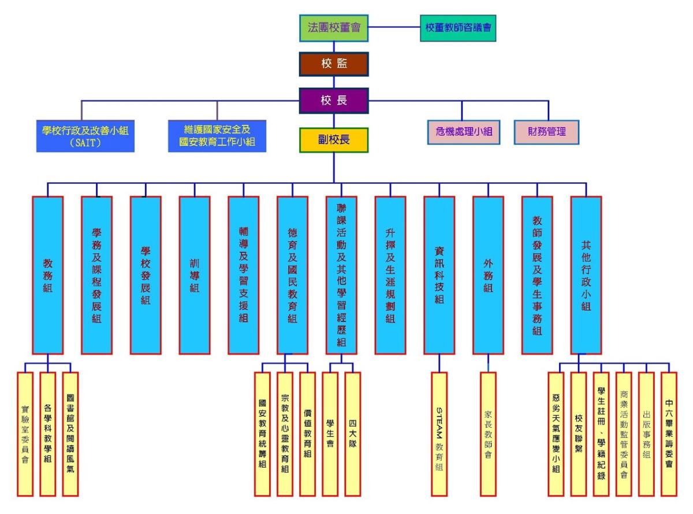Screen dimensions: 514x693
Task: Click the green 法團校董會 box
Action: pyautogui.click(x=334, y=28)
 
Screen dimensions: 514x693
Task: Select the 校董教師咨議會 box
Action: pyautogui.click(x=458, y=28)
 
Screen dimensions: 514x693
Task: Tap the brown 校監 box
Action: pyautogui.click(x=334, y=64)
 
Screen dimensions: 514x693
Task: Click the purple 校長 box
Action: pyautogui.click(x=334, y=100)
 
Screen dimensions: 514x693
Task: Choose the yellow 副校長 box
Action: pyautogui.click(x=334, y=140)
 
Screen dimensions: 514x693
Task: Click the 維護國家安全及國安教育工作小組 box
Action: pyautogui.click(x=217, y=136)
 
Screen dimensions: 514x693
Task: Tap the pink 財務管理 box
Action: pyautogui.click(x=546, y=132)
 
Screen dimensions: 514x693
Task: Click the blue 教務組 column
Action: pyautogui.click(x=48, y=275)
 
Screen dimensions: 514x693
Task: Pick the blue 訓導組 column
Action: pyautogui.click(x=195, y=275)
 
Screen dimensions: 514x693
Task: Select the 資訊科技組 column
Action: pyautogui.click(x=439, y=275)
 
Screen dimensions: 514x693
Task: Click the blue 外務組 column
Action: pyautogui.click(x=488, y=275)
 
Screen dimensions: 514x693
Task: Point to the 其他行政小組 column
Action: pyautogui.click(x=586, y=275)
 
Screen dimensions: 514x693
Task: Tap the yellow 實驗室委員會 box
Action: pyautogui.click(x=25, y=434)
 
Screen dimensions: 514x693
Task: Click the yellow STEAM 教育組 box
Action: pyautogui.click(x=439, y=434)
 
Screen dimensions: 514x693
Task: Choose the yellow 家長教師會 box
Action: pyautogui.click(x=488, y=434)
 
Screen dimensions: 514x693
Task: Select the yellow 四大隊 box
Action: pyautogui.click(x=353, y=434)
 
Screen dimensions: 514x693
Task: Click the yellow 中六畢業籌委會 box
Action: pyautogui.click(x=668, y=434)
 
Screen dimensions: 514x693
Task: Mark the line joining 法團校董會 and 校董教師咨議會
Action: pyautogui.click(x=394, y=27)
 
